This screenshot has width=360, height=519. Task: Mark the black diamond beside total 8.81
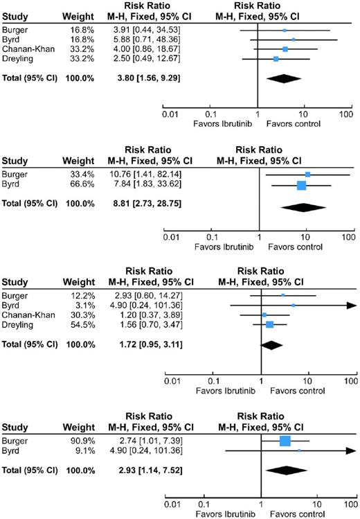tap(302, 207)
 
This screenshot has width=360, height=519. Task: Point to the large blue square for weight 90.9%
tap(285, 441)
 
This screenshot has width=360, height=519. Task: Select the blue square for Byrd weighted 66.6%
tap(301, 185)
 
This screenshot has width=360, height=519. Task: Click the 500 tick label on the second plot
tap(346, 237)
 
